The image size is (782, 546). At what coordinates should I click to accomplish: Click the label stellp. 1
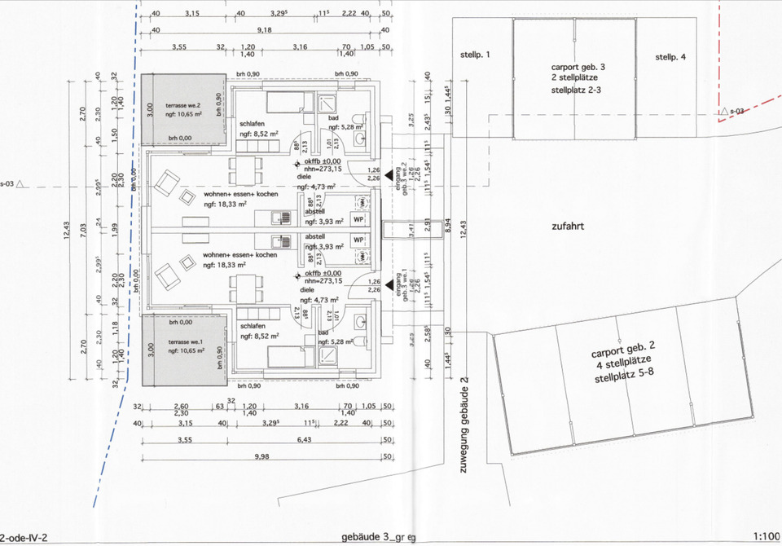(x=477, y=56)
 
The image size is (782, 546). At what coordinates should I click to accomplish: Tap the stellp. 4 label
(x=671, y=57)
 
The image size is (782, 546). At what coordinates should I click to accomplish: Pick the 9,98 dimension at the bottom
(x=261, y=457)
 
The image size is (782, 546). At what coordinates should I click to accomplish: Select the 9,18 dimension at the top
(x=265, y=30)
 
